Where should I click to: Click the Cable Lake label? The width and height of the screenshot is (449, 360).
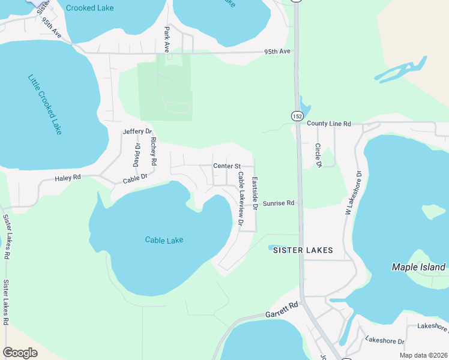point(164,240)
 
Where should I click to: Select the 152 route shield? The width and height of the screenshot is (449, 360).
point(298,115)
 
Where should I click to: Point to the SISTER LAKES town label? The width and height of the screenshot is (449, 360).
point(303,250)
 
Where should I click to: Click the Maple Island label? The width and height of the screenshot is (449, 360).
point(418,267)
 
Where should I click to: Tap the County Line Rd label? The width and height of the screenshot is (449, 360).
point(328,124)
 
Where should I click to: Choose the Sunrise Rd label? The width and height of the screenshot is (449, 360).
point(279,203)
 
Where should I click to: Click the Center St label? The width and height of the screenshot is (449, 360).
point(226,166)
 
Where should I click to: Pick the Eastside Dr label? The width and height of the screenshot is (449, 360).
point(255,193)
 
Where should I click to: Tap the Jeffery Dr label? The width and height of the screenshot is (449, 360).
point(137,131)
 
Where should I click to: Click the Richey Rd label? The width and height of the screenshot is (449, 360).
point(154,151)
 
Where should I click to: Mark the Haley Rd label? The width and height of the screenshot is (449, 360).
point(67,178)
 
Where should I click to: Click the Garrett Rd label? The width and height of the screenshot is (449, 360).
point(282,310)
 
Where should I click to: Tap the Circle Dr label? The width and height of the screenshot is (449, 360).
point(319,155)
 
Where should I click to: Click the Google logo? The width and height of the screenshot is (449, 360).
point(20,353)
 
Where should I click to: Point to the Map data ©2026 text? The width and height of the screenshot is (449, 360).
point(423,355)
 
